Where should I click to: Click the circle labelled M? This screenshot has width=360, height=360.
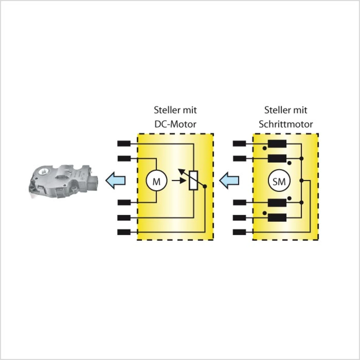pos(156,181)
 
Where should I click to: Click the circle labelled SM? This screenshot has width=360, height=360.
pos(279,181)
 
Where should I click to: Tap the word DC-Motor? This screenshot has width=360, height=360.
pos(175,124)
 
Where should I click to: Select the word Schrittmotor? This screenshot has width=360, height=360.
pos(285,124)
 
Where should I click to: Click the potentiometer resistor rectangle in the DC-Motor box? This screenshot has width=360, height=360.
pos(193,180)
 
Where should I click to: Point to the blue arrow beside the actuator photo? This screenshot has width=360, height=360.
pos(115,180)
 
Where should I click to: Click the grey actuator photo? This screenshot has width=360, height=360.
pos(64,181)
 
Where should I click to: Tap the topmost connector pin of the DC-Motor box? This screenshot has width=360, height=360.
pos(124,144)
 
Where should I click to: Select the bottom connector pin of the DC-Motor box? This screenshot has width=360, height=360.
pos(124,232)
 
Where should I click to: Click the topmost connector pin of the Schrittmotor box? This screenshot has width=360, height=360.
pos(240,144)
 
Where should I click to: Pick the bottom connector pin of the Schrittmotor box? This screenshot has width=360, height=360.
pos(240,232)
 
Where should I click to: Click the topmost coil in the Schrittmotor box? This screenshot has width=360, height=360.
pos(277,144)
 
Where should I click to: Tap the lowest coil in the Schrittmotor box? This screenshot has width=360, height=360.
pos(277,217)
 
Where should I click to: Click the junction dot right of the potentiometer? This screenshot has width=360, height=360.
pos(205,186)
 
